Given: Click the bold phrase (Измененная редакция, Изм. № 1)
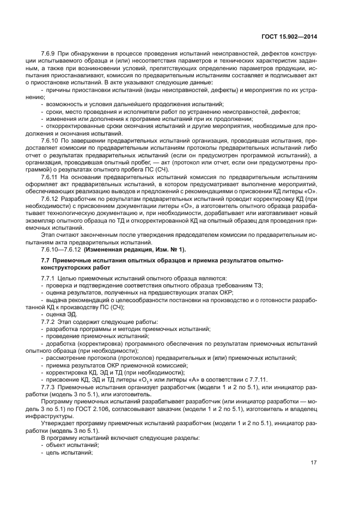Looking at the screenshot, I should pos(135,249).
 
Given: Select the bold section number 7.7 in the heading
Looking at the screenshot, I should pos(46,261).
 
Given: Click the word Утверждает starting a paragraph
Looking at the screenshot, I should pos(57,424).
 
